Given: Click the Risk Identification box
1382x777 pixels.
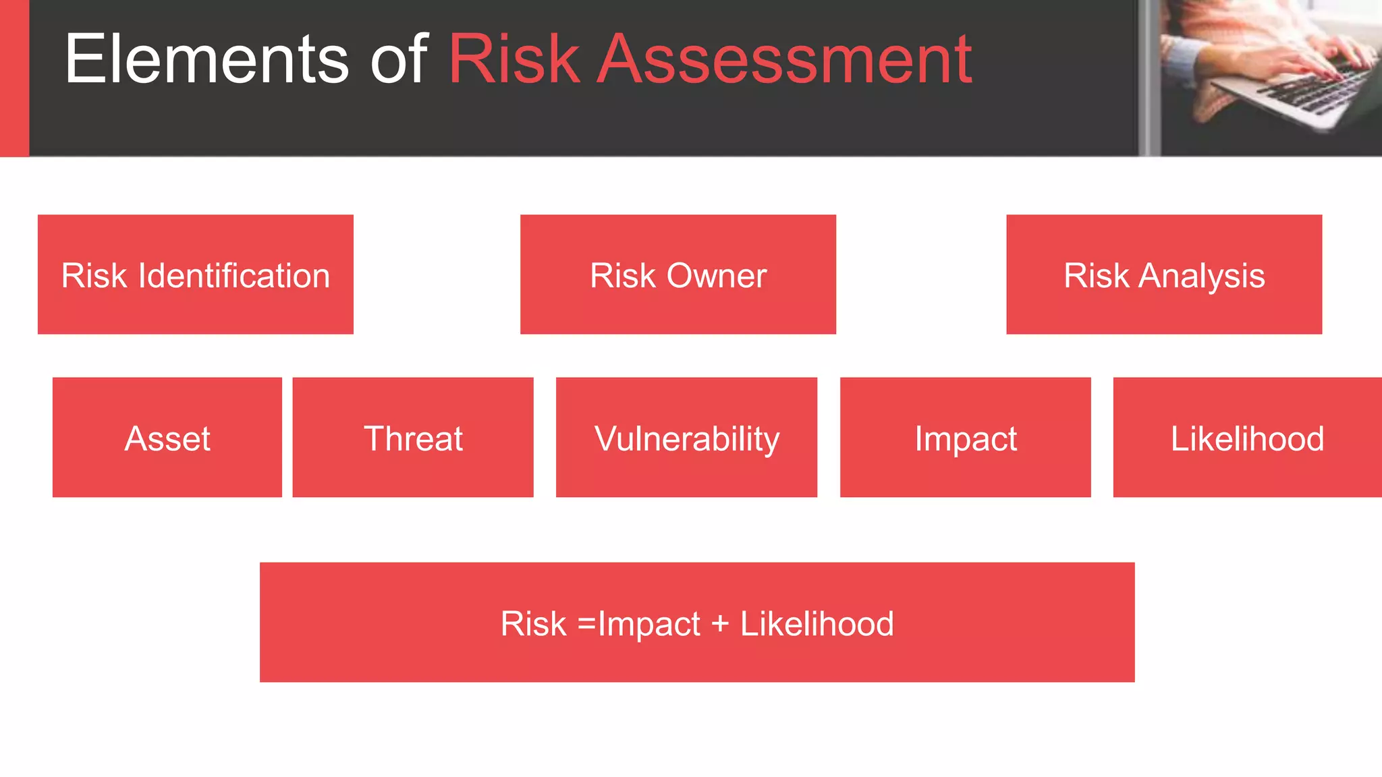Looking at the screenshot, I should tap(195, 275).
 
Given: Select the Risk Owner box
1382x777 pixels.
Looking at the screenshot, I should tap(678, 275).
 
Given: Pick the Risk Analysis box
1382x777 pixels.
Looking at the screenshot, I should tap(1163, 275).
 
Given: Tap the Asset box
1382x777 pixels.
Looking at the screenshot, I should tap(167, 437).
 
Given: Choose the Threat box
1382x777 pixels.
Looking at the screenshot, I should tap(412, 437).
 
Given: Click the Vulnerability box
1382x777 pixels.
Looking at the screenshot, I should tap(686, 437).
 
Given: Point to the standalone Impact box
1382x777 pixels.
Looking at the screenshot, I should tap(965, 437).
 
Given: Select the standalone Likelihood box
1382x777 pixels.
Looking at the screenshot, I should tap(1247, 437).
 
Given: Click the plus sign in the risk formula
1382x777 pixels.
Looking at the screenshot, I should tap(720, 623).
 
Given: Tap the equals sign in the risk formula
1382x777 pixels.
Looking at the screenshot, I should tap(586, 623).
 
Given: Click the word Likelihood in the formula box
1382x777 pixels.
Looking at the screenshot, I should tap(817, 623).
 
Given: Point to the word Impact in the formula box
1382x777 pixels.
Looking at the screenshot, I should tap(648, 623).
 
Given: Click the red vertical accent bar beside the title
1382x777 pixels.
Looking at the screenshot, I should tap(14, 78).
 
